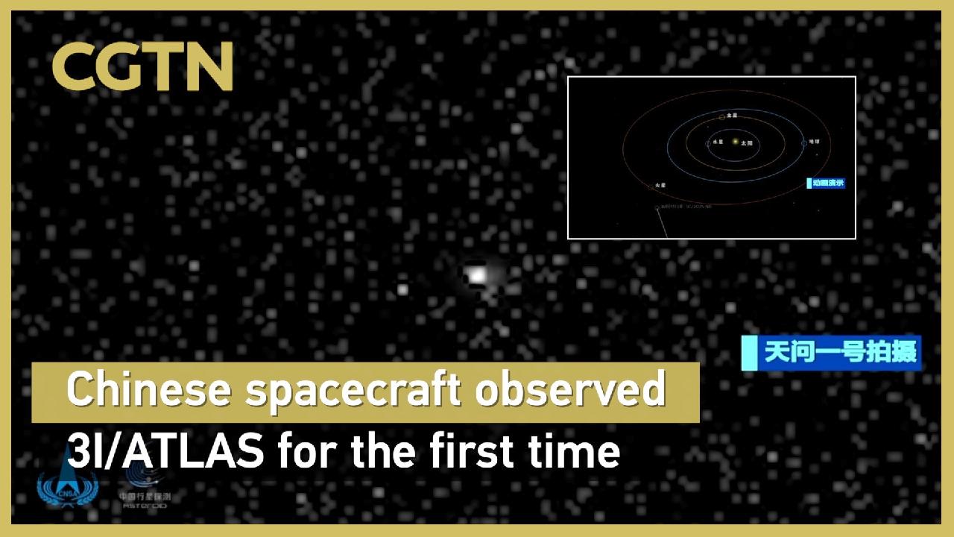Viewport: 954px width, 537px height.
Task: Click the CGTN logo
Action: click(142, 66)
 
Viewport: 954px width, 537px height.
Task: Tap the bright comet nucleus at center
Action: click(476, 275)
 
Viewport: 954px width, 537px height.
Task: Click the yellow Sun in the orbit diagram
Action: click(735, 141)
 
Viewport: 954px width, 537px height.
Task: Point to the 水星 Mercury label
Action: click(718, 142)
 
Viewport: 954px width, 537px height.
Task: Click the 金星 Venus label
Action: click(732, 116)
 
